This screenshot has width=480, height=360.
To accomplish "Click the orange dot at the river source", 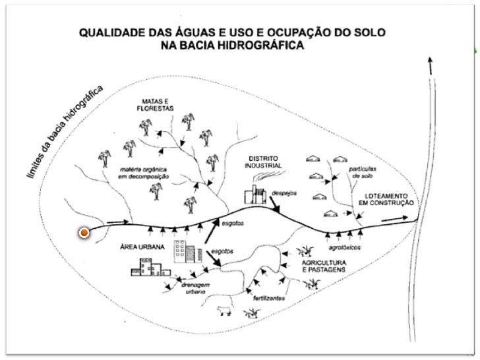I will click(84, 233).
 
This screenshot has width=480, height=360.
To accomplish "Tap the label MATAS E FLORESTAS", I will click(150, 105).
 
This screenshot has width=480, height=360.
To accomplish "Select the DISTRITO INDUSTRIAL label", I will click(265, 162).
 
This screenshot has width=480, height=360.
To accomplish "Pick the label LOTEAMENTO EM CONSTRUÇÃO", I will click(388, 200).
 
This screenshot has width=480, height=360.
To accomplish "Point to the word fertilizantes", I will click(270, 297).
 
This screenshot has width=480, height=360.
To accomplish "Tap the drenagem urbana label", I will click(196, 289).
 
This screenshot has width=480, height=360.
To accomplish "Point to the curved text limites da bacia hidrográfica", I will click(65, 133).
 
